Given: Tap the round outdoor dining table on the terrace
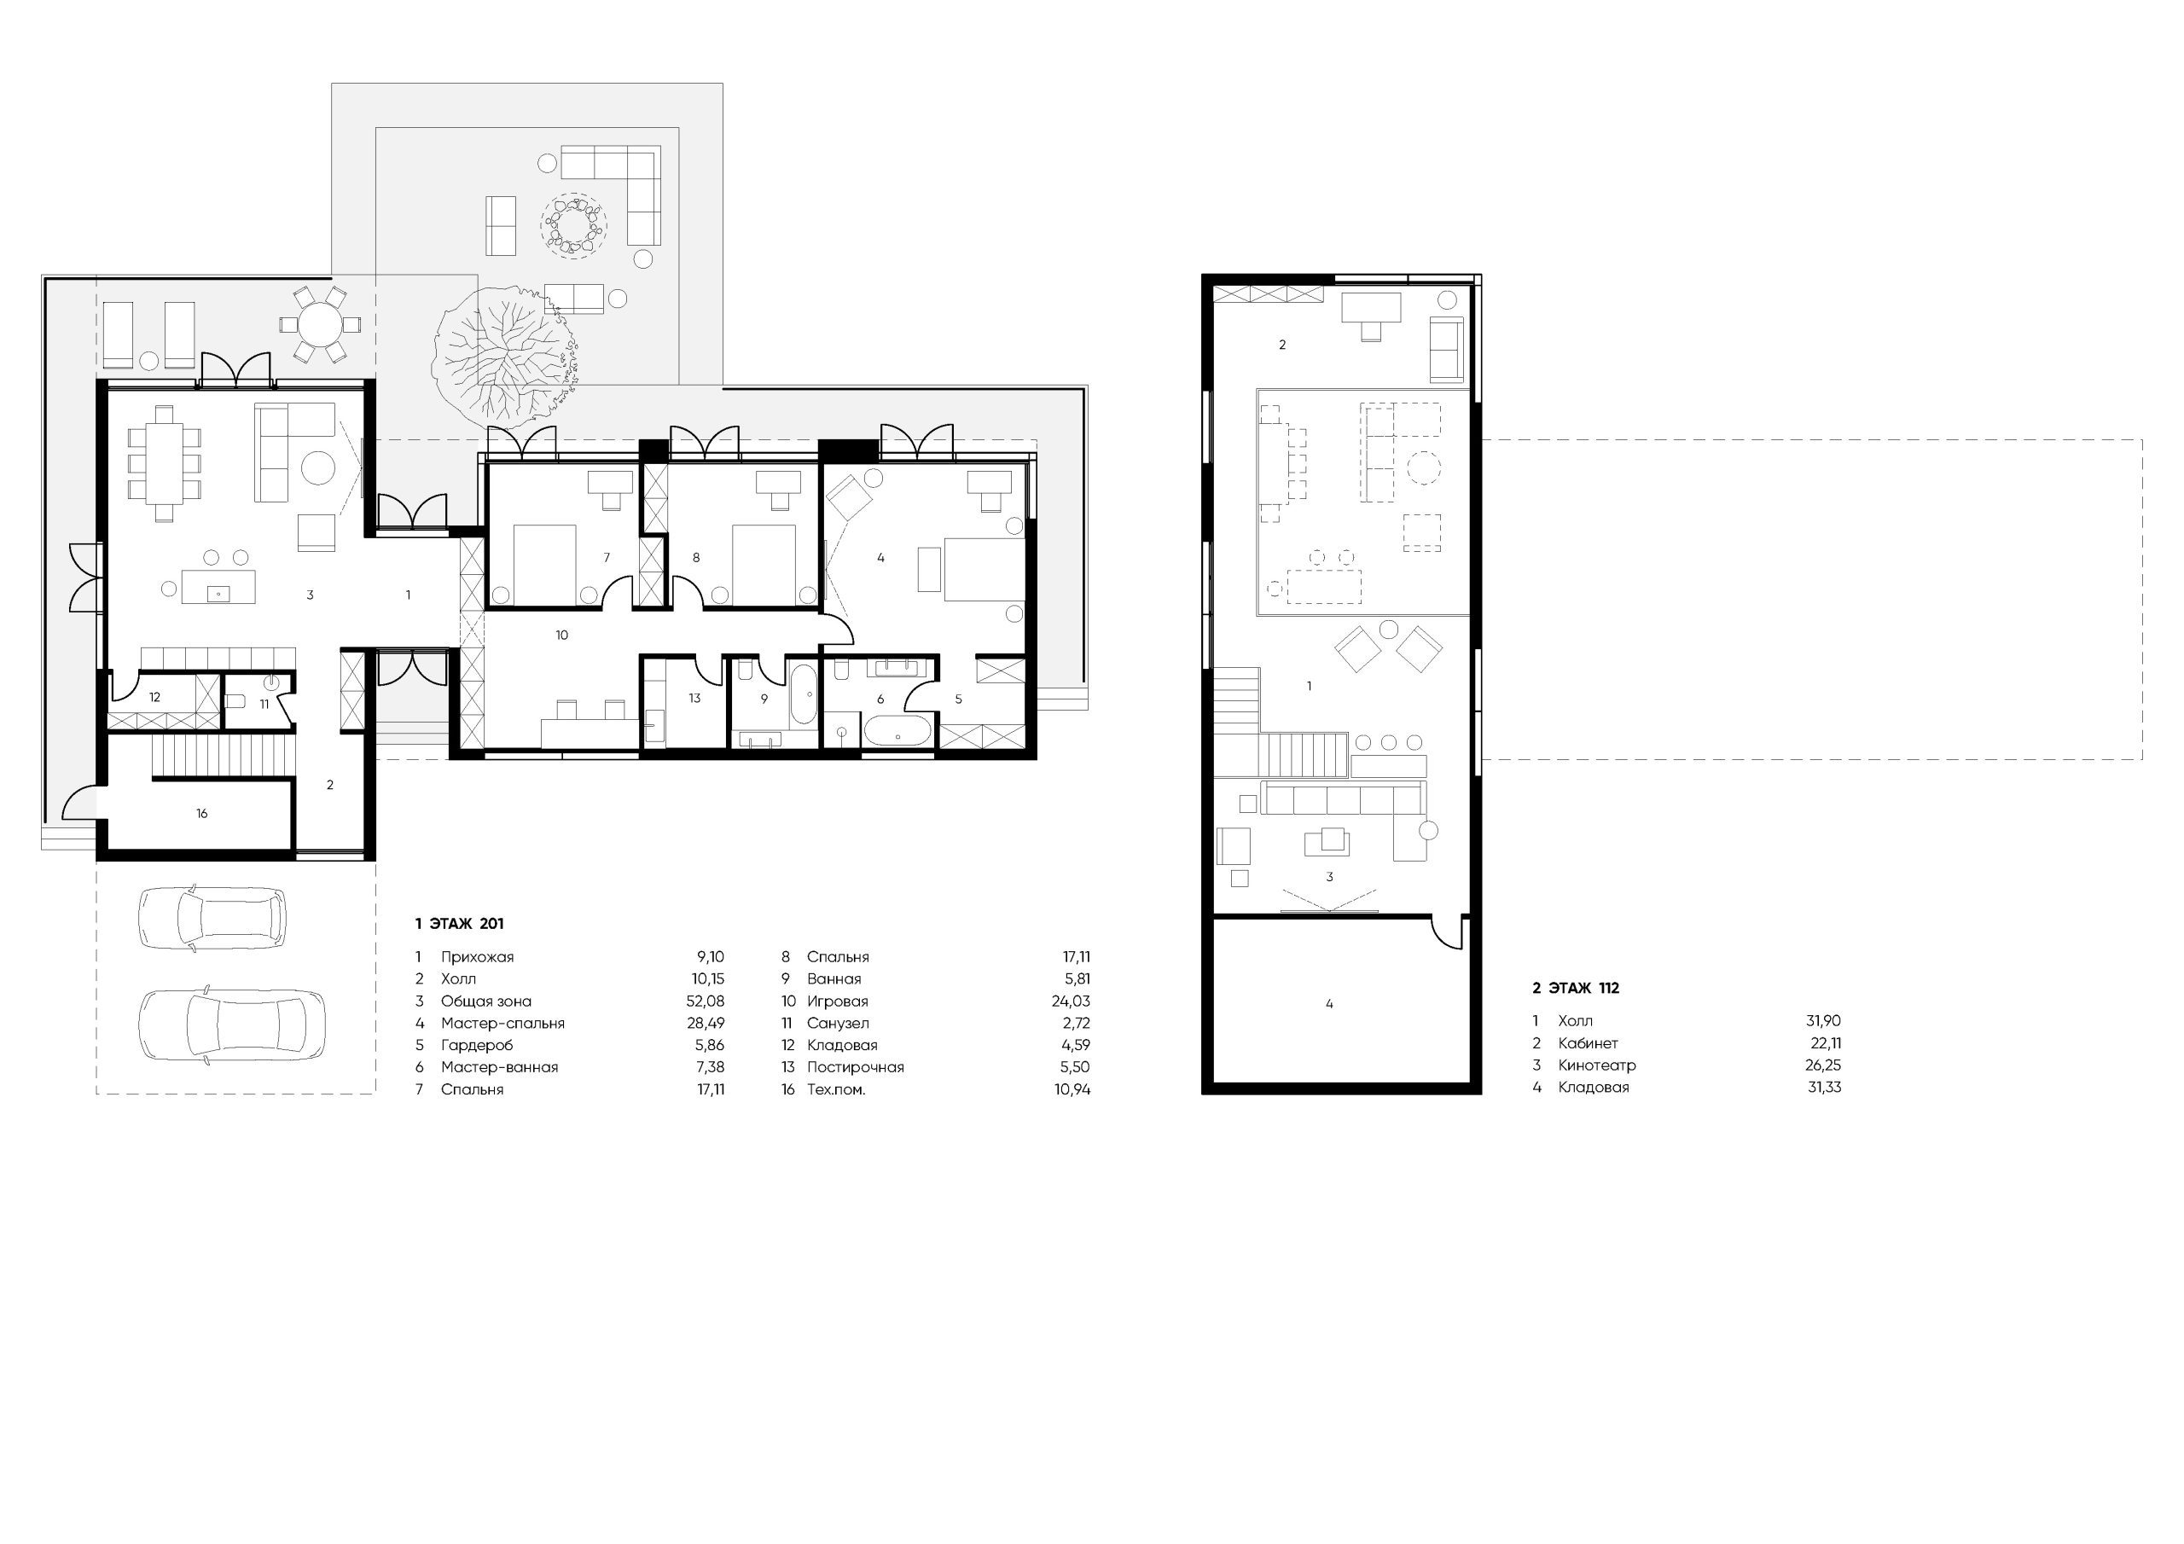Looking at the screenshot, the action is tap(320, 324).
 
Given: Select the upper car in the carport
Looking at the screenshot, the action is tap(212, 918).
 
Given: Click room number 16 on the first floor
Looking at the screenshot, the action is tap(201, 814).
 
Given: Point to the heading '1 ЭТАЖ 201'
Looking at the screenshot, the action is tap(460, 923).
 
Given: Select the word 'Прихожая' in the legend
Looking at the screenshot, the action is tap(477, 957).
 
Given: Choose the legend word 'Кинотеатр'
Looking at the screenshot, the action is tap(1596, 1065).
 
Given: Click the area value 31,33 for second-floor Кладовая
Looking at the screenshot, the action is tap(1825, 1088).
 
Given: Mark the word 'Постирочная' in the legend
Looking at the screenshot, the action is tap(855, 1067).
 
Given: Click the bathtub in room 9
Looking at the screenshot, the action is tap(801, 694).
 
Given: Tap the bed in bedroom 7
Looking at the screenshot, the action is tap(544, 564).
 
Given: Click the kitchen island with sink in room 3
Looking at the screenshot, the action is tap(218, 586).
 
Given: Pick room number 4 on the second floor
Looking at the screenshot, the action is tap(1329, 1004).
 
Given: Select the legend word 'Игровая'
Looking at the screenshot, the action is tap(837, 1001).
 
